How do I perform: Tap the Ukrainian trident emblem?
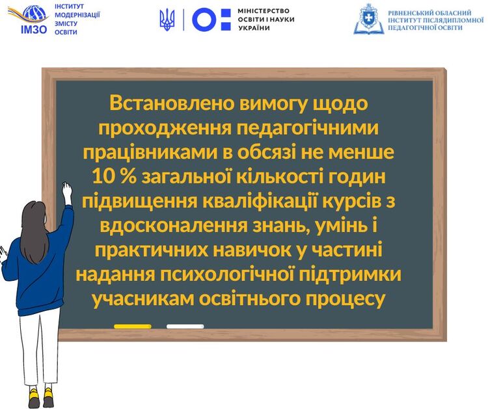pyautogui.click(x=167, y=20)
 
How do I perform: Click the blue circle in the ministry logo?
pyautogui.click(x=204, y=20)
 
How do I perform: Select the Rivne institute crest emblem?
pyautogui.click(x=368, y=19)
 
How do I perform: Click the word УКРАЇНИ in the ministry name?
pyautogui.click(x=254, y=28)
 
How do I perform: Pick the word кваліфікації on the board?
pyautogui.click(x=260, y=201)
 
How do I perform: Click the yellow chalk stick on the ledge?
pyautogui.click(x=133, y=326)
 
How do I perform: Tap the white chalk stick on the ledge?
pyautogui.click(x=185, y=326)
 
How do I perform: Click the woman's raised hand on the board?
pyautogui.click(x=66, y=192)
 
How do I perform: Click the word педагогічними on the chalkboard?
pyautogui.click(x=308, y=128)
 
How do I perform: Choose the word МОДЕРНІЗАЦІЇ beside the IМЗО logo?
pyautogui.click(x=77, y=15)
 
